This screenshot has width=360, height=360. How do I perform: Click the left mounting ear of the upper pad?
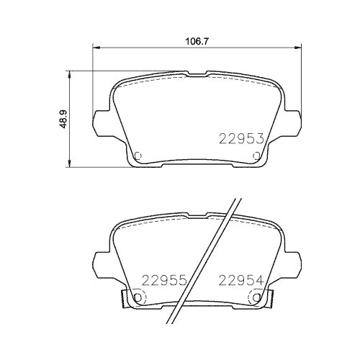pos(102,120)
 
